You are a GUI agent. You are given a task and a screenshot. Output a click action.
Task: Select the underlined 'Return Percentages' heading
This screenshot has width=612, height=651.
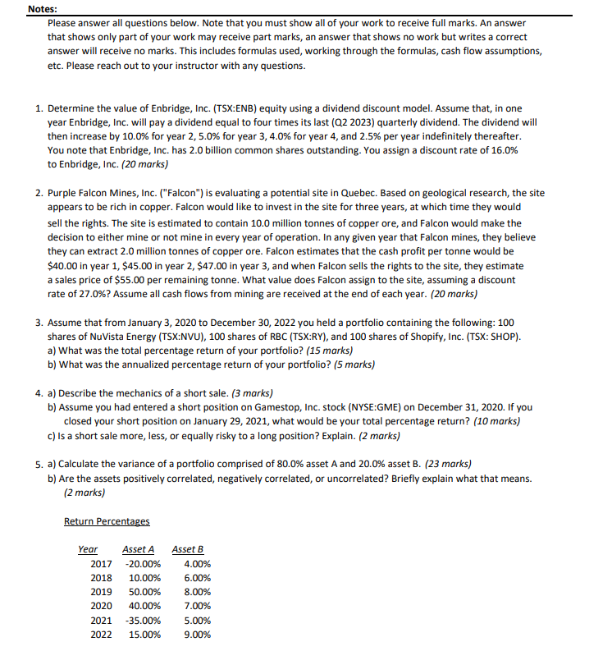tap(107, 521)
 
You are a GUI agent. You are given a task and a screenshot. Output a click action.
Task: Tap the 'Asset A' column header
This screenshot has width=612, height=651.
tap(138, 549)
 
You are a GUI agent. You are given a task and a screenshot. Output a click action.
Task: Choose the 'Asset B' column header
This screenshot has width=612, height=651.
tap(188, 549)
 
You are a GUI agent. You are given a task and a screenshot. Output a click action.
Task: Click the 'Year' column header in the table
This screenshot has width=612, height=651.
tap(87, 549)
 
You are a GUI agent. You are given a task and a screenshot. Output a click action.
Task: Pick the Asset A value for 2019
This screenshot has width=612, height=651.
tap(145, 592)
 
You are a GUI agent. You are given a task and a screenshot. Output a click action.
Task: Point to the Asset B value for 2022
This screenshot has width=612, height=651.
tap(196, 635)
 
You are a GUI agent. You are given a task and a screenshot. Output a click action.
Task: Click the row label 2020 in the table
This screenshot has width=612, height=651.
tap(101, 606)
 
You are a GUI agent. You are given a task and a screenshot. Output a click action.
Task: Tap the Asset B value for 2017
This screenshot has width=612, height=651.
tap(196, 564)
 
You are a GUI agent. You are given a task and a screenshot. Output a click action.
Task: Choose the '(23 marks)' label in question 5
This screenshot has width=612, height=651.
tap(447, 464)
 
